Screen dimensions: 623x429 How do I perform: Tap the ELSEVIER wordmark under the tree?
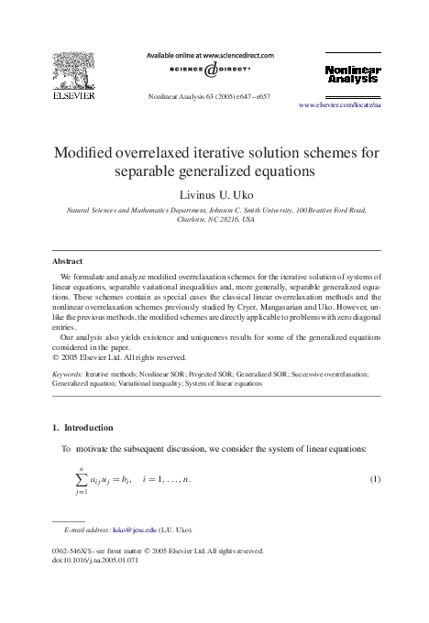tap(71, 93)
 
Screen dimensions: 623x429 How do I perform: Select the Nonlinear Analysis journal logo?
tap(352, 75)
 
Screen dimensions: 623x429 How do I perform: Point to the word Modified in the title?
tap(90, 151)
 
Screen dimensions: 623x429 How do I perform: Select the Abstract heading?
tap(70, 260)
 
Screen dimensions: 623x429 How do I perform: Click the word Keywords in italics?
tap(69, 375)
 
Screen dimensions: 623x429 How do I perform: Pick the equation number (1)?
tap(374, 480)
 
